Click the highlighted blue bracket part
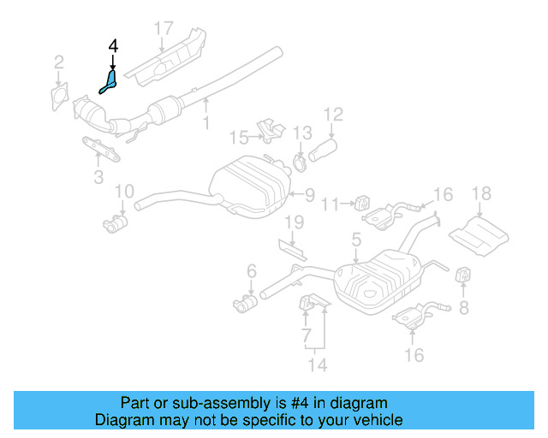point(109,82)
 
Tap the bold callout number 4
point(113,46)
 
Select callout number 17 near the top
point(164,29)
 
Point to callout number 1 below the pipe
point(205,125)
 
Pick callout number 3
point(98,177)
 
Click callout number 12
point(332,114)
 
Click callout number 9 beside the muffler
point(308,193)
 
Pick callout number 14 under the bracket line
point(318,366)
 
